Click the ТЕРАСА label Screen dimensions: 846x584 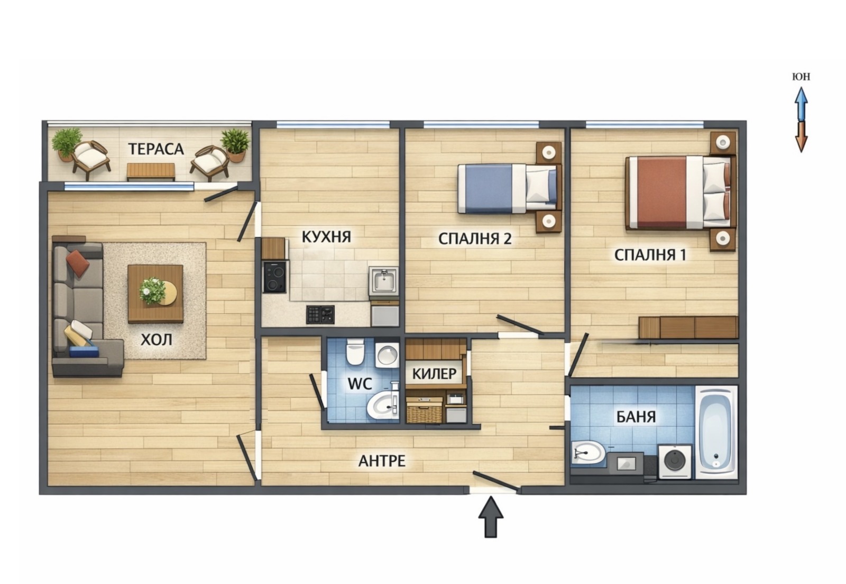(x=156, y=149)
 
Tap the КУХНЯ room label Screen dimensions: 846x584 (x=326, y=237)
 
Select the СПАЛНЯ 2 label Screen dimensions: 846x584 (x=475, y=239)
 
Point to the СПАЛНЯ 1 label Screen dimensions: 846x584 (x=650, y=255)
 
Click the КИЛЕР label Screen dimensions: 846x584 (x=434, y=374)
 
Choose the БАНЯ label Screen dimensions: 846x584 (x=636, y=417)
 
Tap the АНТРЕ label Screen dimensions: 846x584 (x=382, y=461)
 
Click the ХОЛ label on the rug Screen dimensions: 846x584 (x=157, y=340)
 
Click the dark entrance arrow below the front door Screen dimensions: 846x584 (x=491, y=517)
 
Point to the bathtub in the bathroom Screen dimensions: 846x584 (x=716, y=432)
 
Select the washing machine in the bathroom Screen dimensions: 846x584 (x=675, y=462)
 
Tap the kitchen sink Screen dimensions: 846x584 (x=383, y=281)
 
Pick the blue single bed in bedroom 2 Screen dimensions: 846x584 (x=507, y=188)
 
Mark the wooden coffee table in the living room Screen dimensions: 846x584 (x=155, y=294)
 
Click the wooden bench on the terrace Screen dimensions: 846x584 (x=151, y=171)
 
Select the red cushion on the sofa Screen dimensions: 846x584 (x=78, y=262)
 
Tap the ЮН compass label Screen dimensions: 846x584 (x=801, y=77)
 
